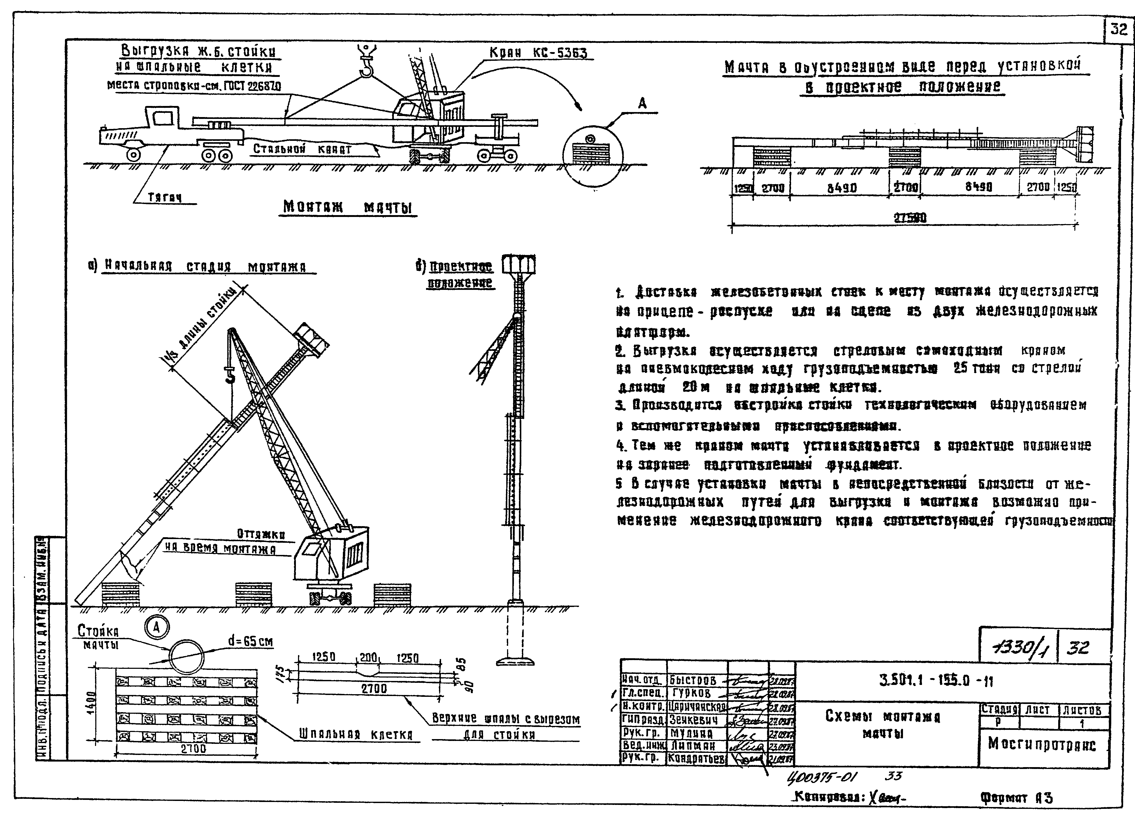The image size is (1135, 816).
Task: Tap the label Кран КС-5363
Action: click(538, 53)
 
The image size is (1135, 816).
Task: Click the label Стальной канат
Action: click(302, 149)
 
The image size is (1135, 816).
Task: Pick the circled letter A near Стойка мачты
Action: click(157, 627)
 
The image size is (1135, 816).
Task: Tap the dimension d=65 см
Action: click(250, 641)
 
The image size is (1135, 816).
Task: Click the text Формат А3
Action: click(1016, 798)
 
